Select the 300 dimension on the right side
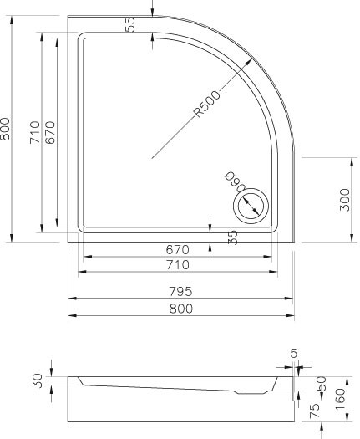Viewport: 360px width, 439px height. [x=344, y=200]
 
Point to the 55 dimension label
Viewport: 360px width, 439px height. [x=131, y=24]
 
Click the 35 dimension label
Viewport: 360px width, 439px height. [x=234, y=238]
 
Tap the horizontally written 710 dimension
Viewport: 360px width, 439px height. [x=177, y=265]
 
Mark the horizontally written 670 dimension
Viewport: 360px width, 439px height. [x=177, y=249]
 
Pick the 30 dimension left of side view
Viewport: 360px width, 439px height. [x=37, y=381]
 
